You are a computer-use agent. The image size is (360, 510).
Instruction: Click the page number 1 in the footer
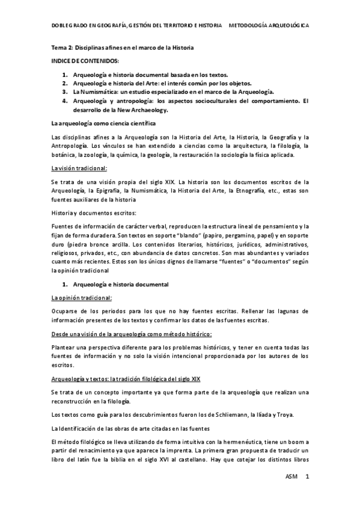click(x=307, y=476)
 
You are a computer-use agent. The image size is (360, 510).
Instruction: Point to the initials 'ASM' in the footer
click(x=291, y=476)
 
